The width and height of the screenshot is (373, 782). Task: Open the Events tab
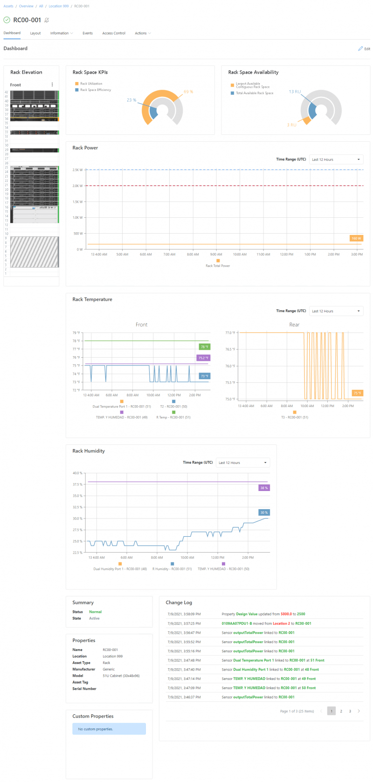point(88,33)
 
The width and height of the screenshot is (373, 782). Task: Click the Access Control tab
point(114,33)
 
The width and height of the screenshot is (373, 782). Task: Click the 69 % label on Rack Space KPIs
point(188,92)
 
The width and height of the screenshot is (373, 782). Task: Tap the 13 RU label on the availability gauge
point(295,92)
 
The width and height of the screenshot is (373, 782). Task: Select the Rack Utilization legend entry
point(91,83)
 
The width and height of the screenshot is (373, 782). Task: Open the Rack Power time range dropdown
point(336,159)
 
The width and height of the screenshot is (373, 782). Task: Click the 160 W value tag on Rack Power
point(356,238)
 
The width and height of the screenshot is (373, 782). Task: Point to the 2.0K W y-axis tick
point(77,186)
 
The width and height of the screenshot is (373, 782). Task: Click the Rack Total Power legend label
point(218,266)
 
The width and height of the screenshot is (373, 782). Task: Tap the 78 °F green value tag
point(204,347)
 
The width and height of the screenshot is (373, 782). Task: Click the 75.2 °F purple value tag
point(203,358)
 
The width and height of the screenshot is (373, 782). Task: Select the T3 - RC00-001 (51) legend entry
point(294,417)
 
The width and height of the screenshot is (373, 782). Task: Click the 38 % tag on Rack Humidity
point(264,488)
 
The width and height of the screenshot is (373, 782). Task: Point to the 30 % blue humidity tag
point(264,512)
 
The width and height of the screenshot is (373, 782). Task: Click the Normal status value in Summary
point(95,612)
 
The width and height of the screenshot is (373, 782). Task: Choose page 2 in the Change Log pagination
point(341,711)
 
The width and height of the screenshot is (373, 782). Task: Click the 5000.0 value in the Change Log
point(286,614)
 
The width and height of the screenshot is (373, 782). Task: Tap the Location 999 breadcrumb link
point(58,6)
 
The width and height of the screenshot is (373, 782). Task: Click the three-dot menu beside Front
point(52,85)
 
